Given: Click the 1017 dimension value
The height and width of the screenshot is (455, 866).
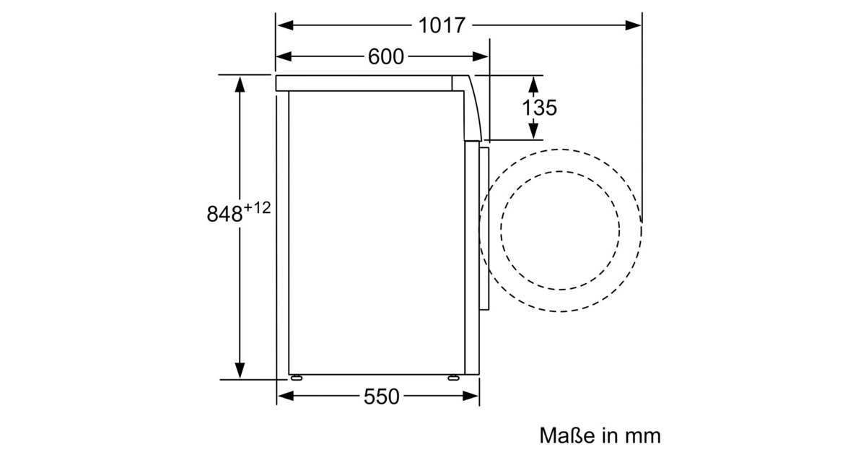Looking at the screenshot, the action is point(442,25).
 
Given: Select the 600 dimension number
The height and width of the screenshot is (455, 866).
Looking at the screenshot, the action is point(386,57).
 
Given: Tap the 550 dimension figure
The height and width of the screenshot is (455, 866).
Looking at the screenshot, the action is point(381,396).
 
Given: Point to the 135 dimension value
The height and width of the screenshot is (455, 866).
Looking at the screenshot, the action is point(539,108).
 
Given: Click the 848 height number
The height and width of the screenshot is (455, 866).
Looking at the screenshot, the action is point(224,214).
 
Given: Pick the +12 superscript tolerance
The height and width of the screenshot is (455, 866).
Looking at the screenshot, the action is point(257,208).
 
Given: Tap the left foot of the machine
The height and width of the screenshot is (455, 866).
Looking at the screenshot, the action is point(297,378).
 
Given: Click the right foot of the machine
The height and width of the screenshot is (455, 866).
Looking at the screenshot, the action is point(453,378).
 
